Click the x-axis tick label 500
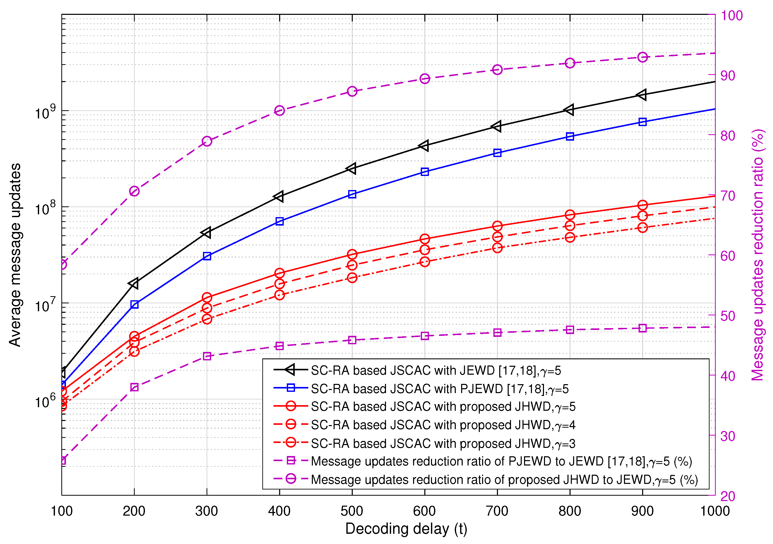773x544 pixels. tap(352, 511)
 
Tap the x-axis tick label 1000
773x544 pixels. tap(715, 511)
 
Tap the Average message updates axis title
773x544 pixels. tap(15, 255)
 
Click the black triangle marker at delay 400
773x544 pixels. tap(279, 196)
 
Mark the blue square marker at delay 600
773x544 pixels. tap(425, 172)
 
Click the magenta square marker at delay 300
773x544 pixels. tap(207, 356)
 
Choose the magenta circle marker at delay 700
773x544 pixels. tap(497, 70)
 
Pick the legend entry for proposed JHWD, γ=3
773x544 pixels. tap(443, 443)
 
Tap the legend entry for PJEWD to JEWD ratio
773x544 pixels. tap(501, 461)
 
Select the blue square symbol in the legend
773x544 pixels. tap(291, 388)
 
